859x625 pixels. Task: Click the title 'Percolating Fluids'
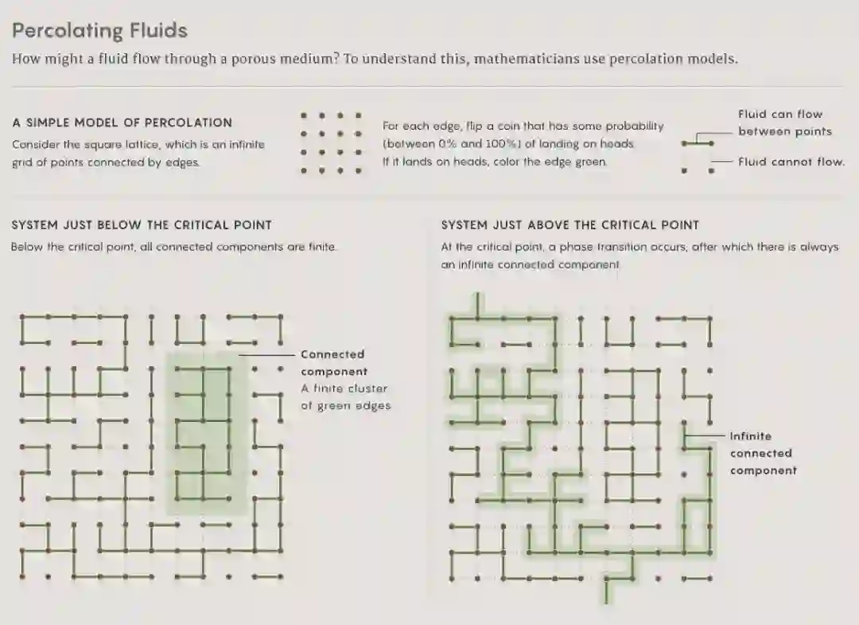pyautogui.click(x=99, y=31)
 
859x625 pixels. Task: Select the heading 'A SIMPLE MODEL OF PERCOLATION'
pyautogui.click(x=122, y=123)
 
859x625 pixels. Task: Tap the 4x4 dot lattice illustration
pyautogui.click(x=331, y=143)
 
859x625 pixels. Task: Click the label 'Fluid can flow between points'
pyautogui.click(x=784, y=123)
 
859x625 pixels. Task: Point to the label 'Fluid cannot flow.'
pyautogui.click(x=791, y=162)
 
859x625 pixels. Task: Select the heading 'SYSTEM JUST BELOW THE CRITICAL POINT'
pyautogui.click(x=142, y=225)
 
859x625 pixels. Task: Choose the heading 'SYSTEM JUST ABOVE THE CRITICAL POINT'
pyautogui.click(x=570, y=225)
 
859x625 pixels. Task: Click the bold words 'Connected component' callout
pyautogui.click(x=333, y=363)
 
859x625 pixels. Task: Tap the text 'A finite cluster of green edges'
pyautogui.click(x=346, y=397)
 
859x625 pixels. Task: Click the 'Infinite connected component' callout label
pyautogui.click(x=763, y=453)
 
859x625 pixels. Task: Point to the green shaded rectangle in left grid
pyautogui.click(x=207, y=434)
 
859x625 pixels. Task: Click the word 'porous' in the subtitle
pyautogui.click(x=254, y=59)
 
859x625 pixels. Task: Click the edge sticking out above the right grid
pyautogui.click(x=478, y=305)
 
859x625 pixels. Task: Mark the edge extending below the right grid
pyautogui.click(x=606, y=591)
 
